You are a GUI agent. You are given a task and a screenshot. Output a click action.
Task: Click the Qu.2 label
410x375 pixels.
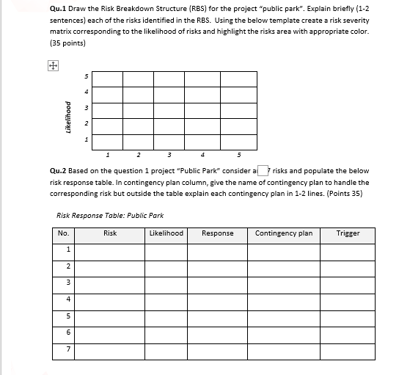59,170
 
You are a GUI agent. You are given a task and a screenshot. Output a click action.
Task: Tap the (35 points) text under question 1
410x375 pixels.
67,43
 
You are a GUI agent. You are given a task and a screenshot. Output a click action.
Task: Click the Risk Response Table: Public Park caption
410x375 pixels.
109,215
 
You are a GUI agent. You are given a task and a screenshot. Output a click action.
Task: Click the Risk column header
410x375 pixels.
110,233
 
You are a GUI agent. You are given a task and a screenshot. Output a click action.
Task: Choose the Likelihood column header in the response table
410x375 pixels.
166,233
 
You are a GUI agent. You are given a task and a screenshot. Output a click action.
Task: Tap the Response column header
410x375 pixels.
218,233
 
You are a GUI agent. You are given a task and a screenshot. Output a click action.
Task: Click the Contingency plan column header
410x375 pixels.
284,233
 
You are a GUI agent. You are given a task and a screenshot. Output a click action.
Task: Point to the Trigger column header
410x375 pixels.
348,233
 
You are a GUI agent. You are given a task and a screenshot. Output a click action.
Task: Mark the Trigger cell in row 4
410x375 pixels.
348,299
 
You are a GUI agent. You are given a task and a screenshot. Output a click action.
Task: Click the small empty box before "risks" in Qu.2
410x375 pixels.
262,170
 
